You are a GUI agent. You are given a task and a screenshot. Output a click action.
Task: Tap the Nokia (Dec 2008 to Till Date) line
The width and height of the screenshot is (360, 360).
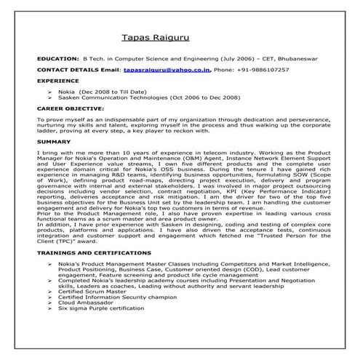pos(102,92)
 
